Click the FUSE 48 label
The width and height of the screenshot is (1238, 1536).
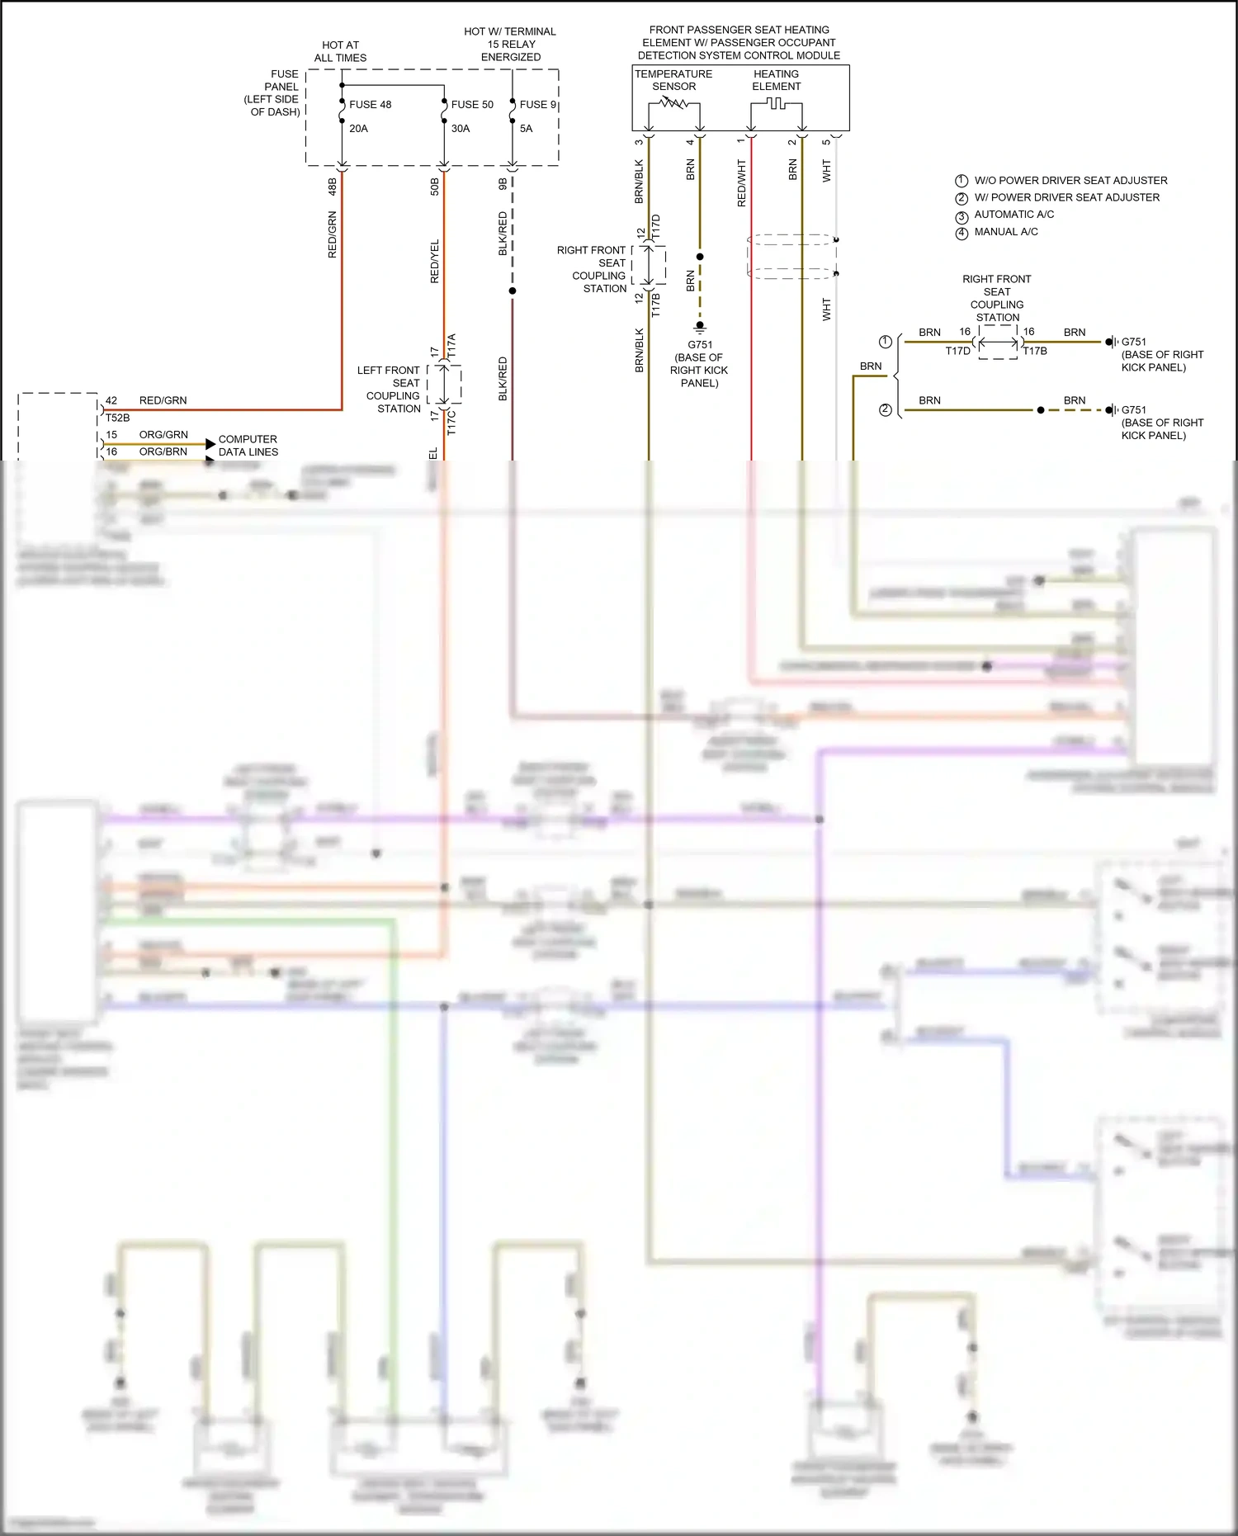click(x=370, y=105)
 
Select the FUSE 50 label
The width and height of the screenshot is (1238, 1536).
click(x=472, y=105)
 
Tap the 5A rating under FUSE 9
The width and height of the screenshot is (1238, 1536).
click(x=526, y=129)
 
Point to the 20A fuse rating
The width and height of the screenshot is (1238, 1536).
click(x=358, y=129)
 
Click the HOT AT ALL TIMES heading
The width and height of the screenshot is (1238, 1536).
click(x=340, y=51)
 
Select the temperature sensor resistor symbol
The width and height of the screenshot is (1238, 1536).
click(x=673, y=103)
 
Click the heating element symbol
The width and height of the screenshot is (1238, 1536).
click(x=776, y=103)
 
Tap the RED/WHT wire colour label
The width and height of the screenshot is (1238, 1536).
click(x=741, y=183)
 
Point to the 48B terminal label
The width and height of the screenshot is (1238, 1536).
click(x=333, y=187)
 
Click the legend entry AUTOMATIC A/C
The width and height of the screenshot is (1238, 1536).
click(x=1014, y=215)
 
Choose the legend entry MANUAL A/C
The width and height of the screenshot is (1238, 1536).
click(x=1005, y=232)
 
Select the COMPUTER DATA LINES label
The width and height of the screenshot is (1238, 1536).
click(x=248, y=446)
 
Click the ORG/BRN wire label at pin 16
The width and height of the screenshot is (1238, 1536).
click(x=163, y=451)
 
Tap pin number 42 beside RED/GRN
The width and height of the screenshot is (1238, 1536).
click(x=111, y=400)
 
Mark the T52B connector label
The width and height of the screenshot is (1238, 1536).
click(x=117, y=418)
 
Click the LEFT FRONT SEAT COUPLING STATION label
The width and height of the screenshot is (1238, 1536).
click(x=390, y=390)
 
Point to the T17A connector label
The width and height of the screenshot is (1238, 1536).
click(x=451, y=345)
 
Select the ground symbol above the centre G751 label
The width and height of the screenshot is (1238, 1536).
click(x=700, y=327)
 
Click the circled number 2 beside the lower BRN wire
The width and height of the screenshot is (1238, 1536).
click(x=886, y=409)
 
